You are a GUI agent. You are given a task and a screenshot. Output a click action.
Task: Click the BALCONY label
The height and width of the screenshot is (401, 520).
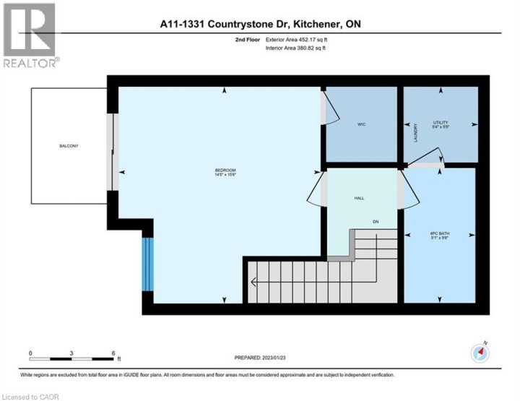point(69,146)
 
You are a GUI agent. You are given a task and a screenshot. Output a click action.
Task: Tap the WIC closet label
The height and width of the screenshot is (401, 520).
point(362,125)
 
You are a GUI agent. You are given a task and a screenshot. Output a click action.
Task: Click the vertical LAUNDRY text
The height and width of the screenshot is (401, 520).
point(416,134)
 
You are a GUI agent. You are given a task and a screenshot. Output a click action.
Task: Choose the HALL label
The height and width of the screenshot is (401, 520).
point(359,197)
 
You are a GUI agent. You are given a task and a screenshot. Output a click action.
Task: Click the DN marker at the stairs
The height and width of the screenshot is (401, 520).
point(376,221)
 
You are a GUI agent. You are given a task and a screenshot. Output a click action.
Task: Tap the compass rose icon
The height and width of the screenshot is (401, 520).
point(480,352)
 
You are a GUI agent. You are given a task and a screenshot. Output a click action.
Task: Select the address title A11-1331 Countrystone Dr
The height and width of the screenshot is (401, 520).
point(260,24)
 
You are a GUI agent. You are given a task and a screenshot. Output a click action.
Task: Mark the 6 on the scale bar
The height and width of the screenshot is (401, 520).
point(114,354)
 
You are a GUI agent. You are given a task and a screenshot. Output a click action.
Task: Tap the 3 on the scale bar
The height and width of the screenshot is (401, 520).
point(72,354)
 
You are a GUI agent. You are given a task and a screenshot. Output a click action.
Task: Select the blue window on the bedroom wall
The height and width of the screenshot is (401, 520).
point(147,264)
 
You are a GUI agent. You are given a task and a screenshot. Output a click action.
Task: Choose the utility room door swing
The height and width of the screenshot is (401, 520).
point(432,157)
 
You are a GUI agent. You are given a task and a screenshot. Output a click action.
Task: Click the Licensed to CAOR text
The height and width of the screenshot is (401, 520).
point(30,395)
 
